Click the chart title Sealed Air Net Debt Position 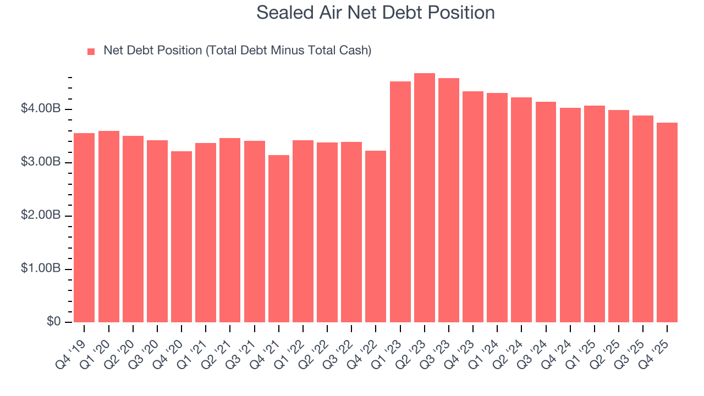click(x=376, y=13)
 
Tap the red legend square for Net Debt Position click(x=91, y=51)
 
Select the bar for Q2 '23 click(x=425, y=198)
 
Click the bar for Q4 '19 click(x=84, y=228)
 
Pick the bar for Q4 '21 click(x=279, y=239)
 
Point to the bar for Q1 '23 click(x=400, y=202)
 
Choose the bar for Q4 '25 click(x=667, y=222)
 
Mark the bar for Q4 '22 click(x=376, y=237)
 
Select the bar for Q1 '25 click(x=595, y=214)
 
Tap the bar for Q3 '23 click(x=449, y=200)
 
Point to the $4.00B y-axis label click(x=41, y=109)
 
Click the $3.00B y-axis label click(x=41, y=162)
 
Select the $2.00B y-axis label click(x=41, y=216)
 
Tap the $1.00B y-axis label click(x=41, y=269)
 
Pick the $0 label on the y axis click(x=54, y=322)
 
